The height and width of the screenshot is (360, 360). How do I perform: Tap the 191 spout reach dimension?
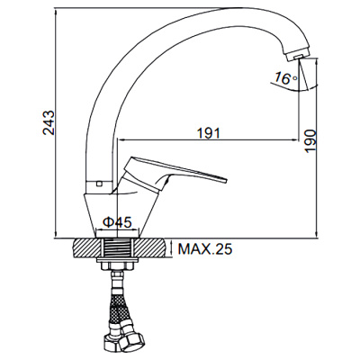tap(208, 131)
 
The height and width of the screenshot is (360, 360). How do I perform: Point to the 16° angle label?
tap(285, 79)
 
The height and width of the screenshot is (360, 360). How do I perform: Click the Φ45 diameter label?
tap(118, 222)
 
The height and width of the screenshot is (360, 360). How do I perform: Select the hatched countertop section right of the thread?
tap(152, 247)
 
